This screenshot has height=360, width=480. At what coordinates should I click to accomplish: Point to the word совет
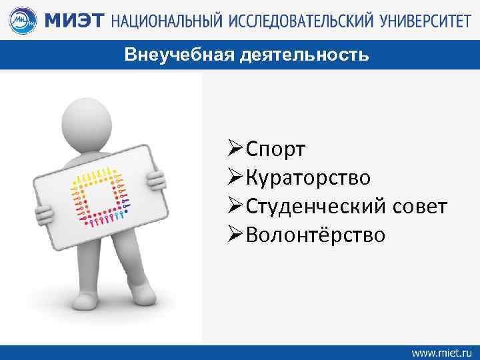(x=419, y=207)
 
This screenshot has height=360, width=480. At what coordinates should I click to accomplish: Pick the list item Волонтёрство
(x=315, y=235)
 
